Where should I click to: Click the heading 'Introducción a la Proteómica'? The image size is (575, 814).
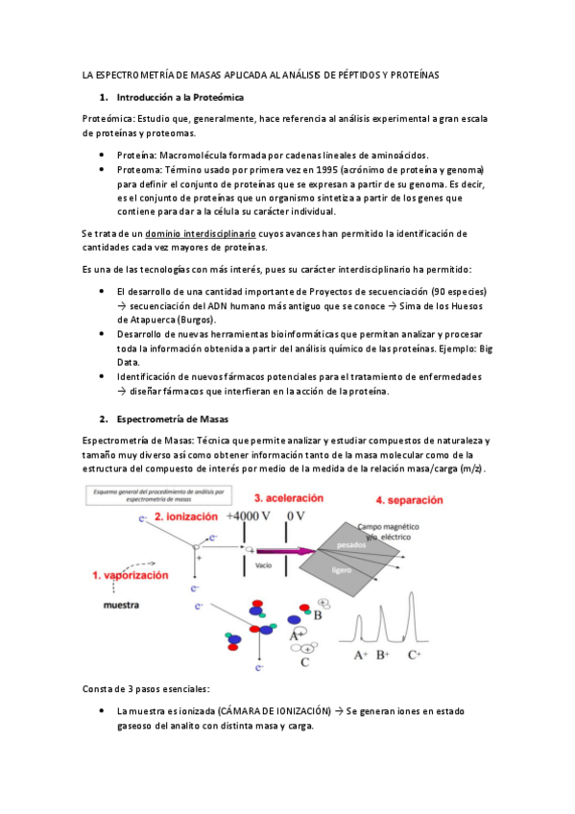pos(180,97)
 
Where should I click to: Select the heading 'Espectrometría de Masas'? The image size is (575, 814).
pos(172,419)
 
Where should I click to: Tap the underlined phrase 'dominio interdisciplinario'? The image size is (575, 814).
pos(201,233)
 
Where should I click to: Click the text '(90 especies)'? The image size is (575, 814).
pos(459,292)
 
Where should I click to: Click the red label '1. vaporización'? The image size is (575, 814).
pos(131,575)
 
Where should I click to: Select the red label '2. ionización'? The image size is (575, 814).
pos(186,516)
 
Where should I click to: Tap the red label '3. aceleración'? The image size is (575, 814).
pos(289,498)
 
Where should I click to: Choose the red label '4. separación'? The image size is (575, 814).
pos(410,500)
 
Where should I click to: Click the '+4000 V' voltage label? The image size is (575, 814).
pos(249,516)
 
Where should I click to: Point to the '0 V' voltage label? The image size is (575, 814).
pos(296,516)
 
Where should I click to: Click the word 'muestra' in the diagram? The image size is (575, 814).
pos(121,605)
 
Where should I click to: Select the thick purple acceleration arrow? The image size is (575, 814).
pos(286,551)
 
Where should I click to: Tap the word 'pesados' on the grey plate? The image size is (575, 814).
pos(351,545)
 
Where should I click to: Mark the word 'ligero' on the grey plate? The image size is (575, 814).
pos(342,570)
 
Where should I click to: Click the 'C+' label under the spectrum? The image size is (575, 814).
pos(414,656)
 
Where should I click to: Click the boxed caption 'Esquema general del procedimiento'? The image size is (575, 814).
pos(158,495)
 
